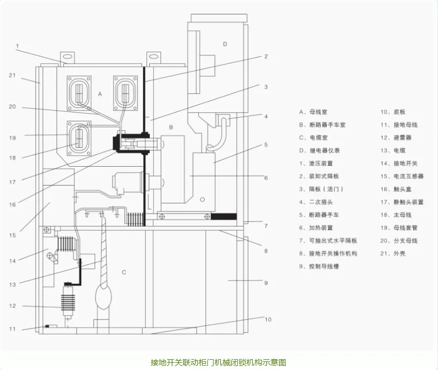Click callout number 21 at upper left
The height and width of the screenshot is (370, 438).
click(12, 75)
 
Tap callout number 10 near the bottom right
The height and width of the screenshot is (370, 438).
click(268, 320)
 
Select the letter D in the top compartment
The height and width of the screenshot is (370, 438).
click(225, 44)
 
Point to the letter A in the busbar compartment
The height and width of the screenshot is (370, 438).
click(100, 93)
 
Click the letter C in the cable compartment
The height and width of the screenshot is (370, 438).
click(124, 272)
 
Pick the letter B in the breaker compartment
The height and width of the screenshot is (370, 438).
click(171, 127)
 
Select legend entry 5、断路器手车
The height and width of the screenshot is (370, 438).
click(319, 215)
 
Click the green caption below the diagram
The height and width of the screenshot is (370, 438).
click(218, 362)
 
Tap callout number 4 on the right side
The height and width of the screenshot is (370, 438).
click(266, 117)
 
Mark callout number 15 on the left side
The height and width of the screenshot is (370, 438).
click(12, 235)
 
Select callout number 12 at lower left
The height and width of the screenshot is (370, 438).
click(12, 306)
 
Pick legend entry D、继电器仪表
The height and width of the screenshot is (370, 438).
click(319, 151)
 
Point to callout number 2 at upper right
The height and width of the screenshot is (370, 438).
click(266, 57)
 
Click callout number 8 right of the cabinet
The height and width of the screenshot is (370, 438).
click(266, 251)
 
